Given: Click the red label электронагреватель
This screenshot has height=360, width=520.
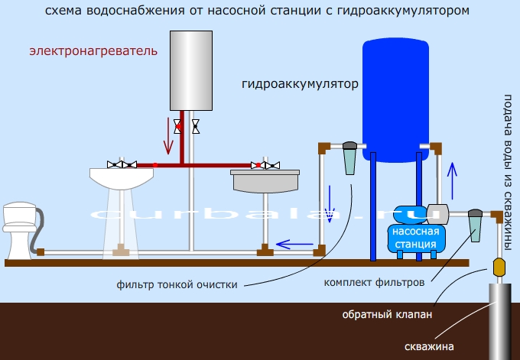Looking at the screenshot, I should [93, 51].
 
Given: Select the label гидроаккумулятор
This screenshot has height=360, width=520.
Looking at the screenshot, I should [300, 83].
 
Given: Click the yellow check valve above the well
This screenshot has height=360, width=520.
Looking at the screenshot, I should [499, 268].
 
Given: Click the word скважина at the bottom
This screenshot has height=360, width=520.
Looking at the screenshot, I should [431, 346].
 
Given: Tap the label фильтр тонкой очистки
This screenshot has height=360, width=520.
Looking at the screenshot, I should [177, 284].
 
